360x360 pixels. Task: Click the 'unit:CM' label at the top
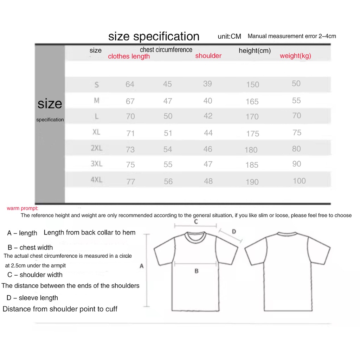pyautogui.click(x=229, y=36)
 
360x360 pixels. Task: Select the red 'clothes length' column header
pyautogui.click(x=129, y=56)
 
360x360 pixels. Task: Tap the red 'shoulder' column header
pyautogui.click(x=208, y=56)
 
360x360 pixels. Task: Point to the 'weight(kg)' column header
pyautogui.click(x=295, y=56)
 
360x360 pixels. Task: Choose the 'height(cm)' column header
pyautogui.click(x=255, y=51)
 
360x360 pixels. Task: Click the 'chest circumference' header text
pyautogui.click(x=166, y=50)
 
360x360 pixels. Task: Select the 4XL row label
pyautogui.click(x=97, y=180)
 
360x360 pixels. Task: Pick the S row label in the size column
pyautogui.click(x=97, y=85)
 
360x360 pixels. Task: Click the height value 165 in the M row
pyautogui.click(x=252, y=102)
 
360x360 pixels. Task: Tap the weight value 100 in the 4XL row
pyautogui.click(x=299, y=181)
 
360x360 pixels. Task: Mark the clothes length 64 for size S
pyautogui.click(x=130, y=84)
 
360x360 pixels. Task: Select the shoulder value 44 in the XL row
pyautogui.click(x=208, y=133)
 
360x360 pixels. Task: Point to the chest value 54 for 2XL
pyautogui.click(x=168, y=149)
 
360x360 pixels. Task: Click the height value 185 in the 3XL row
pyautogui.click(x=252, y=165)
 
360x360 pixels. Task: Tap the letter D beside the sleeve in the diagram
pyautogui.click(x=234, y=231)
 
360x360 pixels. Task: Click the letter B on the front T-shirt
pyautogui.click(x=197, y=271)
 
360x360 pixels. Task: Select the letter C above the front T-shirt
pyautogui.click(x=196, y=221)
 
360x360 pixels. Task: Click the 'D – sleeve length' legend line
pyautogui.click(x=32, y=298)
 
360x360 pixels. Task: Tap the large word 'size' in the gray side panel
pyautogui.click(x=50, y=103)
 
